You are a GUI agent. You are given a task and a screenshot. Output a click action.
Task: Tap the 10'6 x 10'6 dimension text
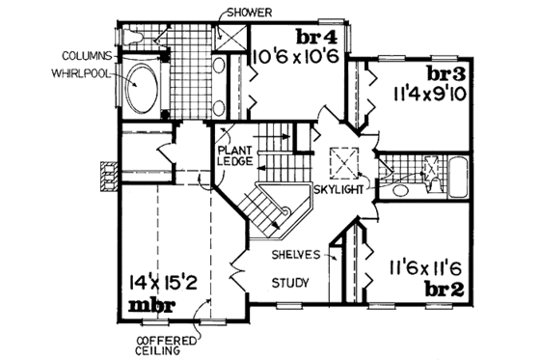coord(293,58)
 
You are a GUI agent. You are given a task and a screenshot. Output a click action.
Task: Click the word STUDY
coord(287,283)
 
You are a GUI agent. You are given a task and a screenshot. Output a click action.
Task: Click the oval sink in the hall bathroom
coord(398,189)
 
